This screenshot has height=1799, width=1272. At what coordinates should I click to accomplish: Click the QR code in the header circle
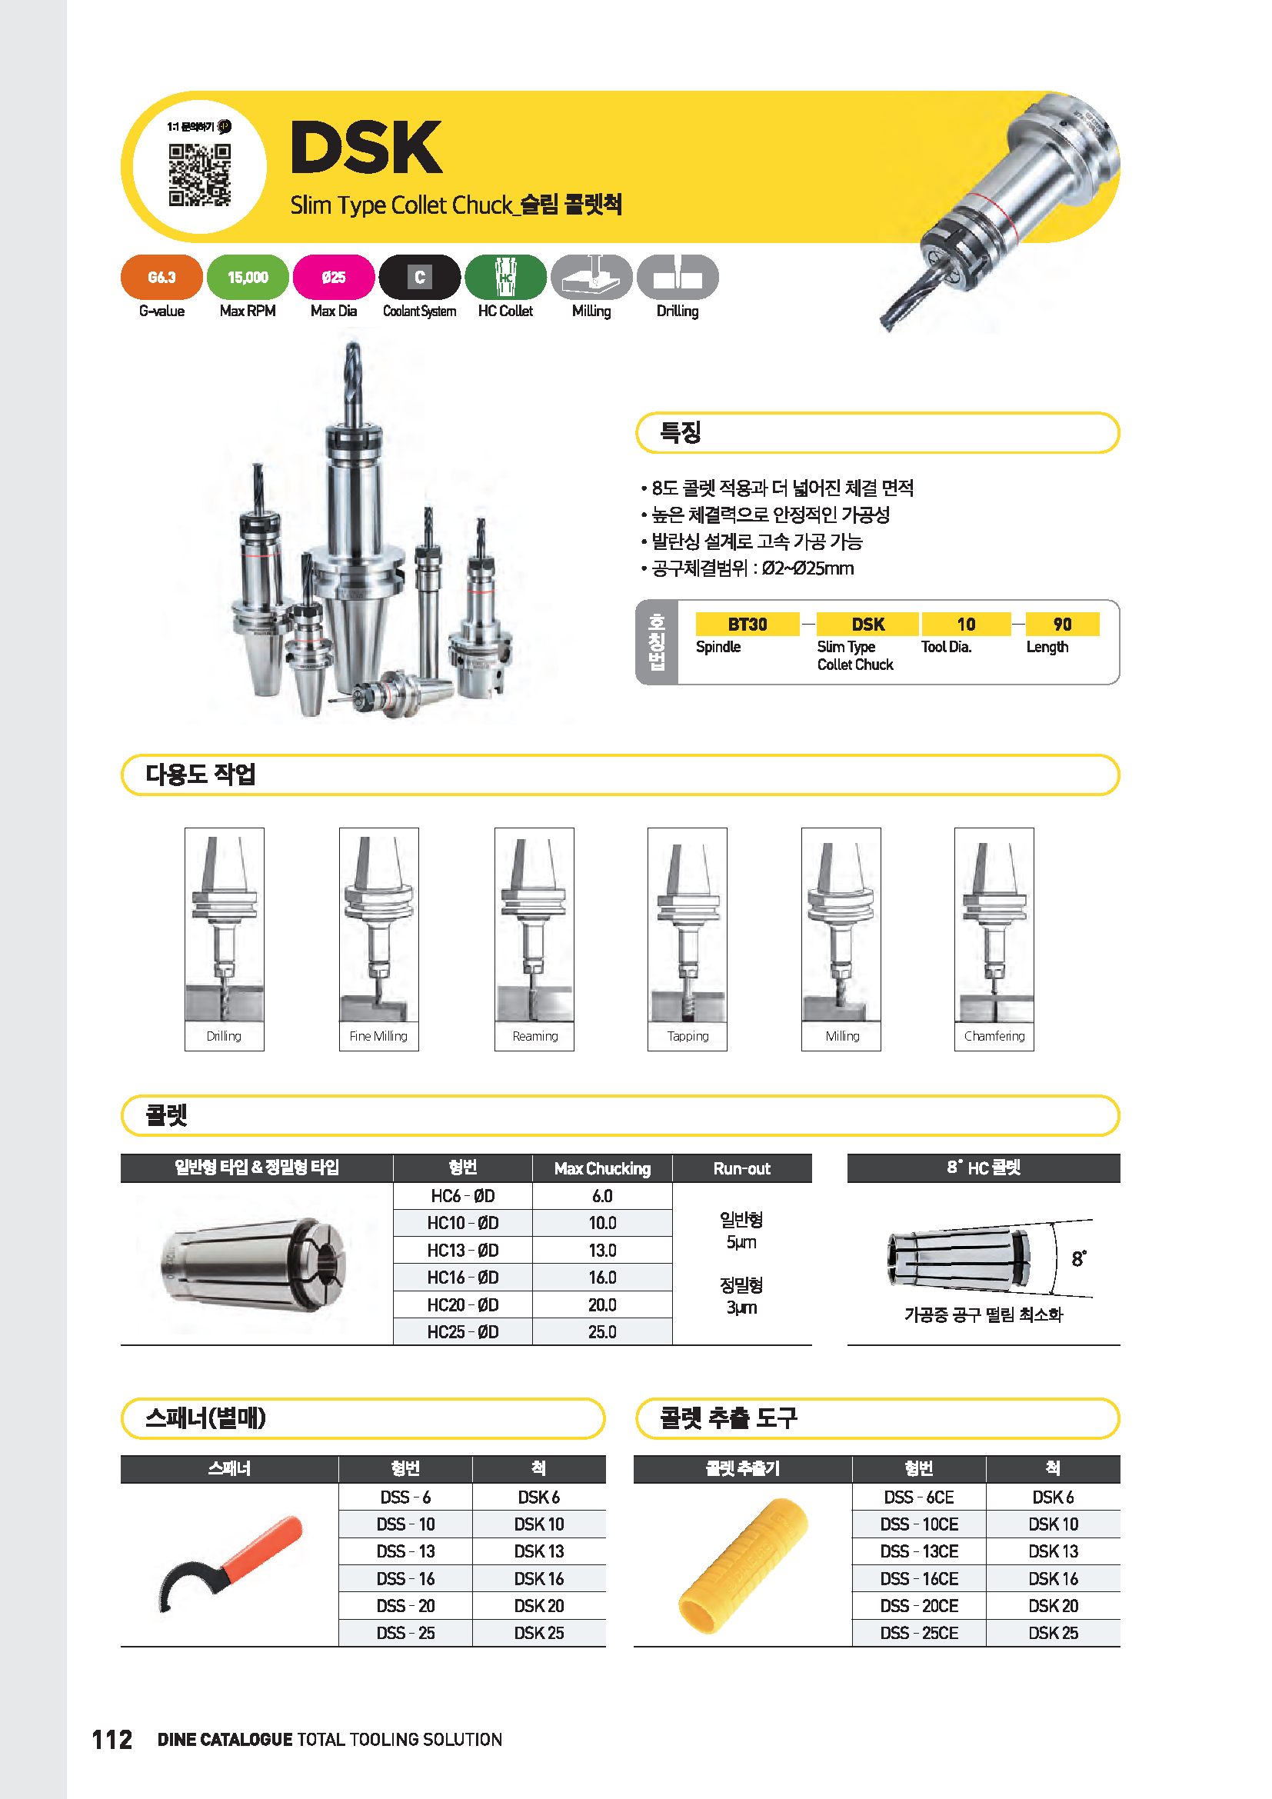[200, 175]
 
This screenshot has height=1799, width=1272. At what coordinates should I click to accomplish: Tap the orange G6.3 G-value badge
[161, 278]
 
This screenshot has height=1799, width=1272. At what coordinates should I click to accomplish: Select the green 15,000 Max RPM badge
[248, 278]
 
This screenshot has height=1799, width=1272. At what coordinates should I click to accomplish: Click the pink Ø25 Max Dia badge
[334, 278]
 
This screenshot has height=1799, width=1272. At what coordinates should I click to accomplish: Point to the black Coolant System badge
[420, 278]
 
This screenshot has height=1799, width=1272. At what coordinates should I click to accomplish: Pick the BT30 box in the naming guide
[748, 625]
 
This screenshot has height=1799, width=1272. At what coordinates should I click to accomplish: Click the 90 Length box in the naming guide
[1062, 625]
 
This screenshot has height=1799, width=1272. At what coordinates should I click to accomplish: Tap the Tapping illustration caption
[688, 1036]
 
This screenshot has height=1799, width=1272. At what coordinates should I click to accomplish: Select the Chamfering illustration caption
[994, 1036]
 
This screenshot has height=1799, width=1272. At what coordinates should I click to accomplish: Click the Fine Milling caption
[378, 1036]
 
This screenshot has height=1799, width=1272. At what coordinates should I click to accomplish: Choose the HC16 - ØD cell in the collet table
[462, 1278]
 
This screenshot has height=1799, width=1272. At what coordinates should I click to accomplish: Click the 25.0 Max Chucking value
[601, 1332]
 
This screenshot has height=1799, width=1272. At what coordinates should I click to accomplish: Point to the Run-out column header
[741, 1168]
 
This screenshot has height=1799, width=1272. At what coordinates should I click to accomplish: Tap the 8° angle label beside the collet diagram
[1078, 1258]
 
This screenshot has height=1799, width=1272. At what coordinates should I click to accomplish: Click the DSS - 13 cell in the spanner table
[405, 1551]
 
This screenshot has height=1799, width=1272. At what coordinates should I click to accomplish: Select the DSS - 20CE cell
[919, 1605]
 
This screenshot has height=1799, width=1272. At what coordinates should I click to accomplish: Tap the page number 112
[112, 1740]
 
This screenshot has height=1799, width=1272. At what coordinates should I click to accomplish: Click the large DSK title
[366, 148]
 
